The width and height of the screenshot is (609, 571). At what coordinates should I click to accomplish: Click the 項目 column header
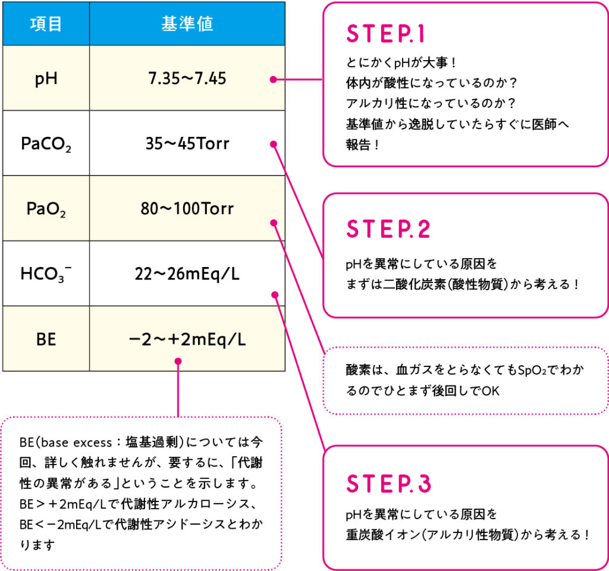[46, 24]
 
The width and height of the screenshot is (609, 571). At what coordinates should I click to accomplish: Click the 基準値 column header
[187, 24]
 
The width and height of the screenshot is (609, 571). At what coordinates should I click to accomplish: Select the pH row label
[46, 78]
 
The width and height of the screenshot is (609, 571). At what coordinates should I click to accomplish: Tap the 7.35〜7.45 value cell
[187, 78]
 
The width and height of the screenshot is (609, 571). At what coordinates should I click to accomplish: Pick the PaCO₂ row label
[46, 144]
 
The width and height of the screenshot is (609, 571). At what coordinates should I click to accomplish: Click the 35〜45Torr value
[187, 143]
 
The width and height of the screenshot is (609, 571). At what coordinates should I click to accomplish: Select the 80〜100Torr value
[187, 209]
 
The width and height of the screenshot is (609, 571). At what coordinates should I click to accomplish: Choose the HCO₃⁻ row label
[46, 274]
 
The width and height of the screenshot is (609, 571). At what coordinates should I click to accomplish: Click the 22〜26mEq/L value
[187, 274]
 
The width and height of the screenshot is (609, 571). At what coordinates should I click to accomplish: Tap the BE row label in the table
[46, 339]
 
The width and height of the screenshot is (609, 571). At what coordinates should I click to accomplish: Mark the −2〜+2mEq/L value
[187, 339]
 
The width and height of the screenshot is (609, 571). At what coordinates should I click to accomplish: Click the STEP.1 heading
[385, 34]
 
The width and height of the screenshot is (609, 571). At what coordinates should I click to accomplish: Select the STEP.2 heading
[388, 230]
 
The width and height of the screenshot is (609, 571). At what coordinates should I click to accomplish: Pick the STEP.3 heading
[388, 484]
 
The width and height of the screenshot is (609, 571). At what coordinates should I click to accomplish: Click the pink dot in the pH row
[273, 79]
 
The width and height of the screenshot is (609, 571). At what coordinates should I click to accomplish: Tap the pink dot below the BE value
[178, 360]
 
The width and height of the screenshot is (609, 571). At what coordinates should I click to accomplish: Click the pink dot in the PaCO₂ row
[274, 143]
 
